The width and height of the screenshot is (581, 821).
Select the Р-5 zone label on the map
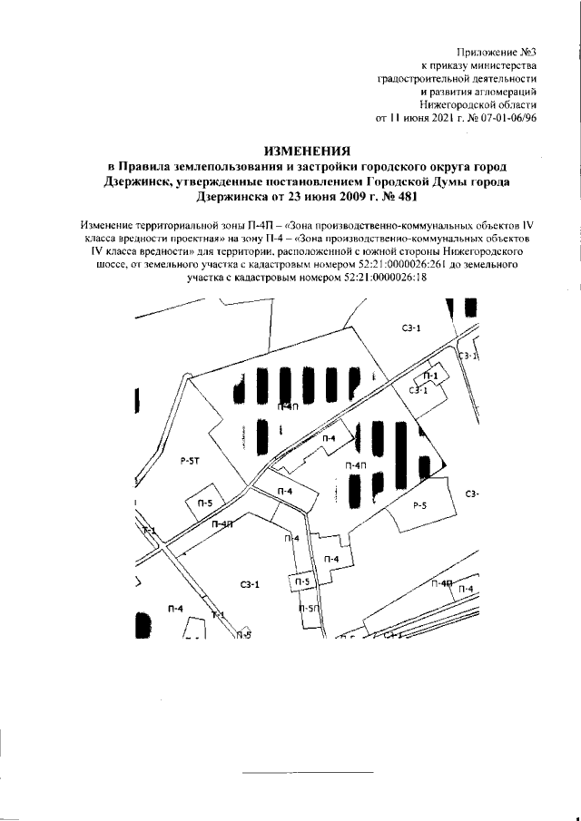click(x=419, y=505)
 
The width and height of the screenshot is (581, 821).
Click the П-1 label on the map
click(x=433, y=375)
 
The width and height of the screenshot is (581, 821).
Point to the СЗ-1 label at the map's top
click(x=411, y=327)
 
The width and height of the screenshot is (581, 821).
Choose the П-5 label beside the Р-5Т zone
click(x=205, y=502)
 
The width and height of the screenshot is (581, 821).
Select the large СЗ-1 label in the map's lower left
click(x=251, y=585)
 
